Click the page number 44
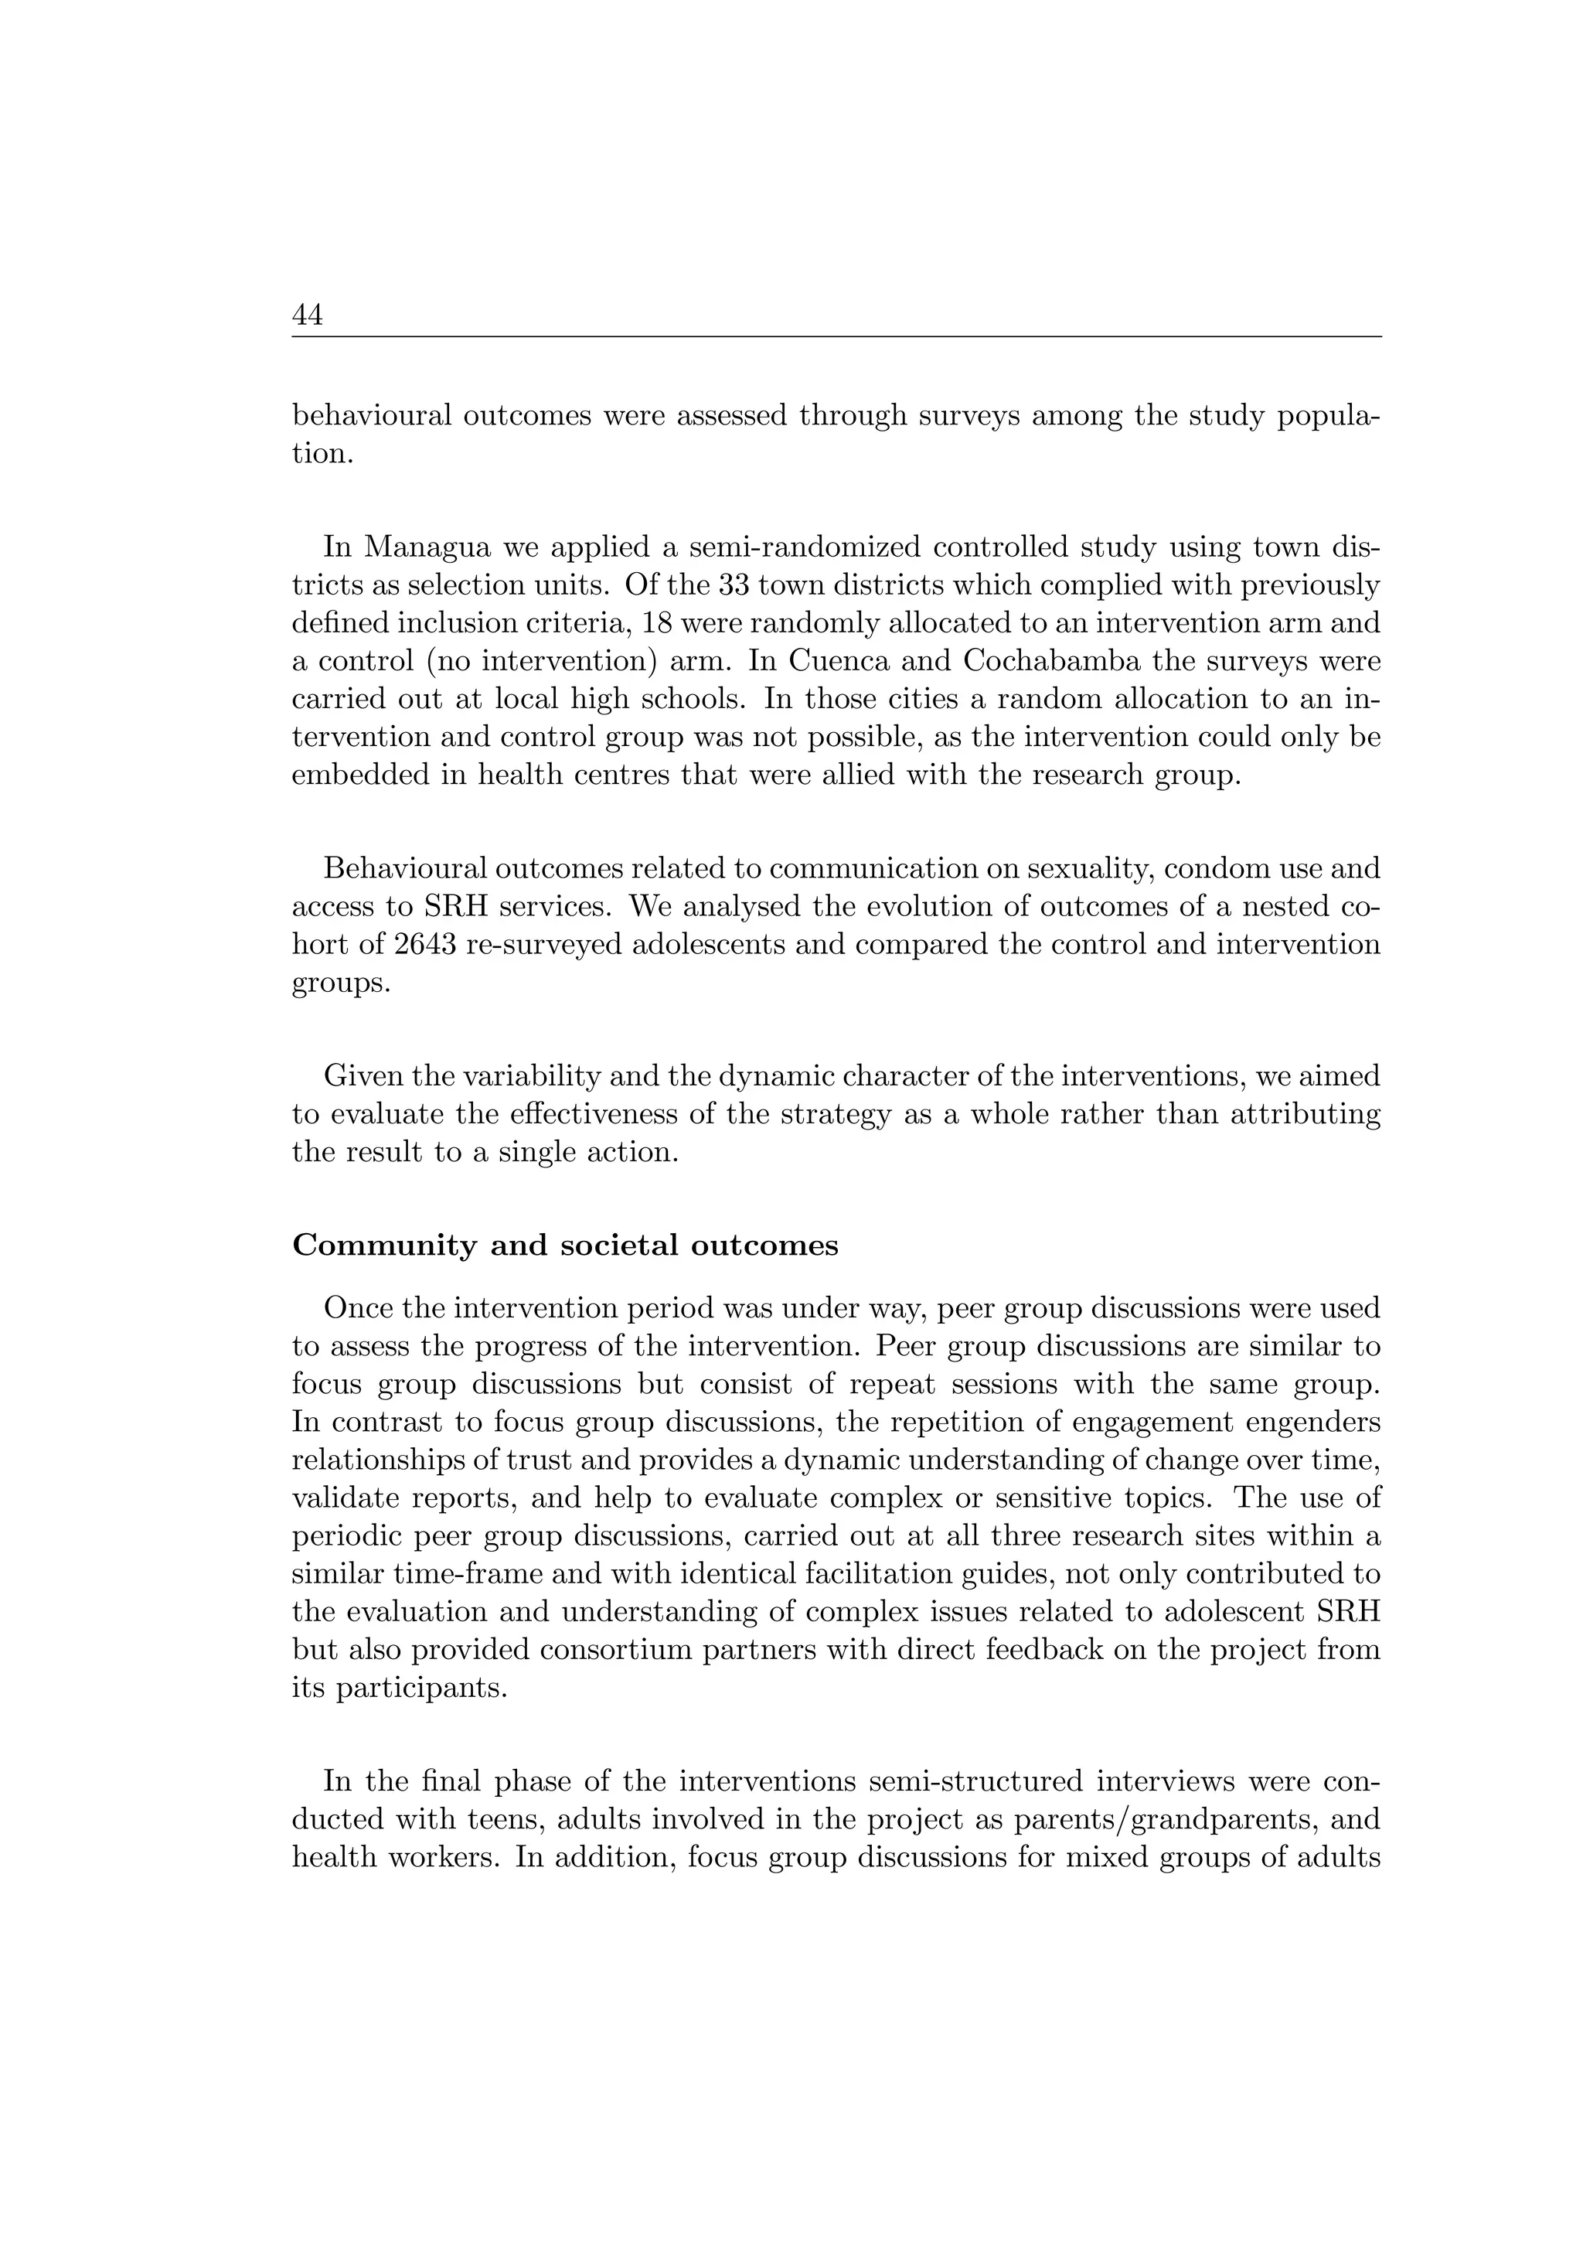[x=307, y=315]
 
